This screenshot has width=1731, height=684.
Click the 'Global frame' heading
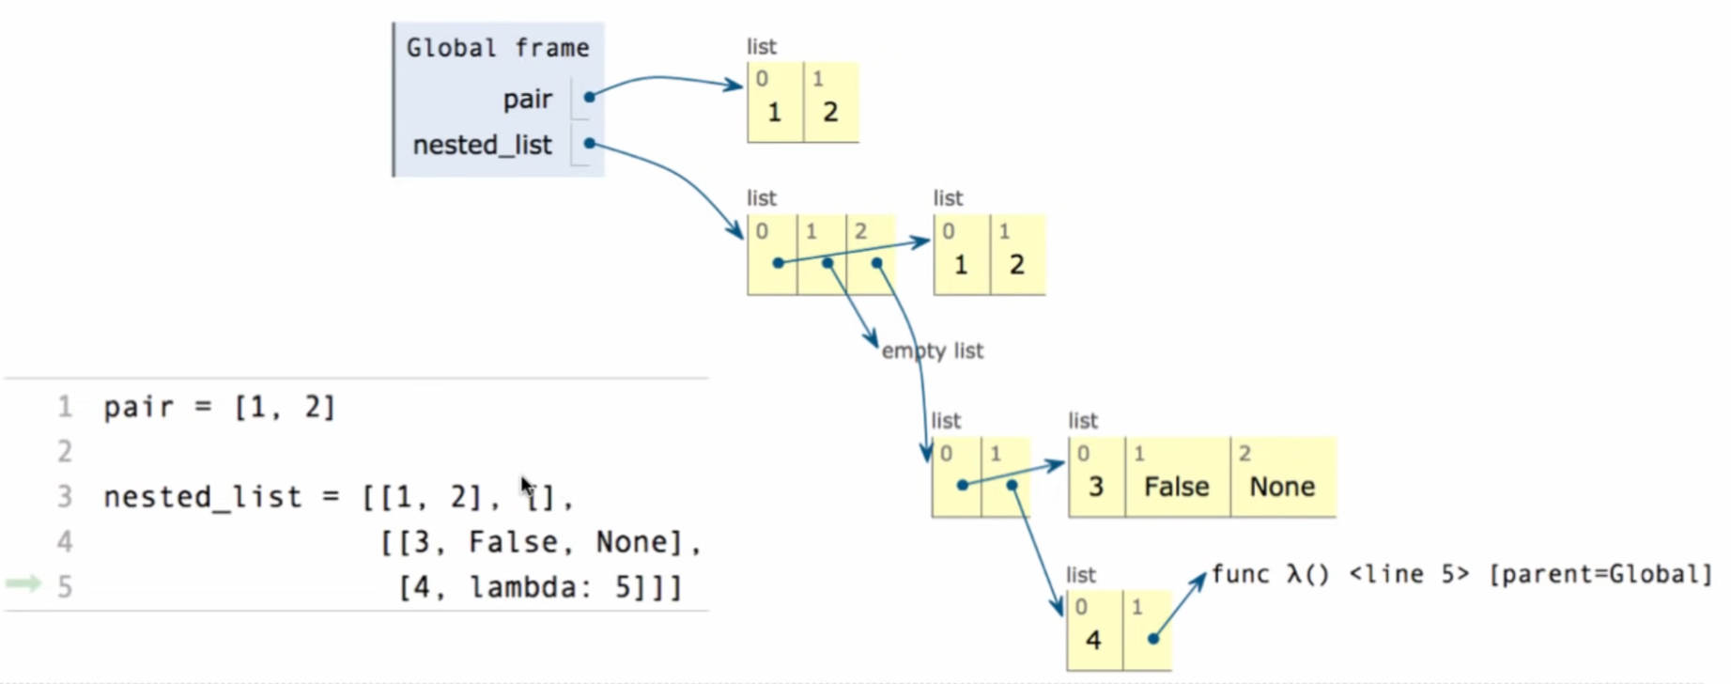click(497, 48)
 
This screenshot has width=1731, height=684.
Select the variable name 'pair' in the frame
click(527, 99)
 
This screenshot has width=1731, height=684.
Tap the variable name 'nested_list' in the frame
click(482, 145)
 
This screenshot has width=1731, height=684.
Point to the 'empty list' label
click(932, 350)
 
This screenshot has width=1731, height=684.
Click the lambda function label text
click(1461, 574)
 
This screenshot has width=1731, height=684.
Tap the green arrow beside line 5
click(23, 584)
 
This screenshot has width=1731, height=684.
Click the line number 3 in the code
click(64, 496)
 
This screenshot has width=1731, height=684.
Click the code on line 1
click(219, 407)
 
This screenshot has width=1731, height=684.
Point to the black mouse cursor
click(527, 486)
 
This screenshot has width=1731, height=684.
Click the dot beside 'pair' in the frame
click(589, 97)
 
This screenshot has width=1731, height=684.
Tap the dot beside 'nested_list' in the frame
click(589, 144)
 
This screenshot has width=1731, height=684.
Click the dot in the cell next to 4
click(1152, 639)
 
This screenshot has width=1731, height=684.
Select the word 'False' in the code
click(514, 542)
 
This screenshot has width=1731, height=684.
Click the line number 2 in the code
click(64, 452)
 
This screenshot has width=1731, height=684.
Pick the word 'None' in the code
click(638, 542)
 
